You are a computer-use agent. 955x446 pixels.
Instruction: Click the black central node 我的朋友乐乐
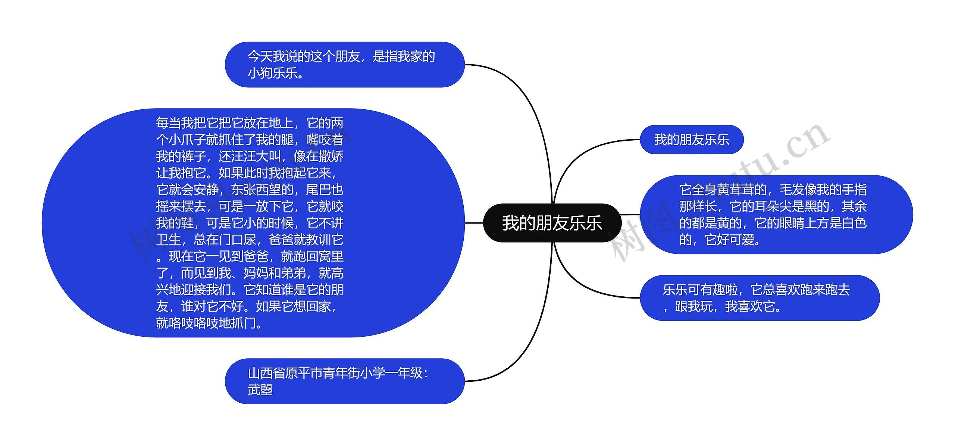coord(552,223)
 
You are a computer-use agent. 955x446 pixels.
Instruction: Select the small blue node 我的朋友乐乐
coord(691,140)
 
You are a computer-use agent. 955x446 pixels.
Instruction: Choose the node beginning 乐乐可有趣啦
coord(759,298)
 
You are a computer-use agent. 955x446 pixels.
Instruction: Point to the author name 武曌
coord(260,390)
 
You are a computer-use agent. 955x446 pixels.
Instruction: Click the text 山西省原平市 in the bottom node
coord(285,373)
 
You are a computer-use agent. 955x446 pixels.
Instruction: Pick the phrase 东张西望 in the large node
coord(256,190)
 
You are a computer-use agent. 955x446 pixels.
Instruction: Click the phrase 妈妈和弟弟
coord(275,273)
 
